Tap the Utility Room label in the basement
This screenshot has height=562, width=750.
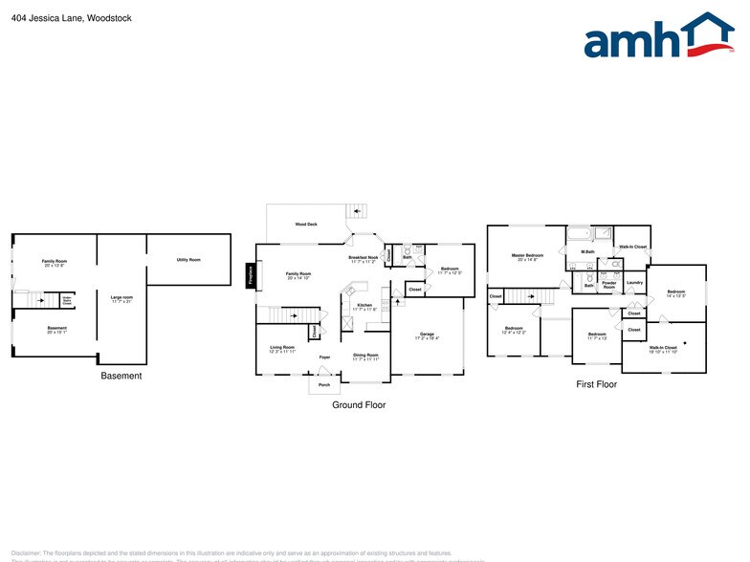[x=188, y=260]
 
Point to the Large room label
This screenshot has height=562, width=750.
[x=121, y=299]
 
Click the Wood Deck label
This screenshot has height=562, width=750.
[x=306, y=224]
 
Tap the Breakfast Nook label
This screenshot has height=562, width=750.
[x=363, y=258]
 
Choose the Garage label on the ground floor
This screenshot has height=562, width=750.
[x=427, y=335]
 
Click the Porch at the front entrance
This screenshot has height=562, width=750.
[x=324, y=385]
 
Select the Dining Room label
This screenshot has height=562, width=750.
[x=365, y=357]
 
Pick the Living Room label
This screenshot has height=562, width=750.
[x=282, y=349]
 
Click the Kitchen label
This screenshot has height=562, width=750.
[x=364, y=307]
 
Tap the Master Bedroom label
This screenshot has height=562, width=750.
[x=527, y=256]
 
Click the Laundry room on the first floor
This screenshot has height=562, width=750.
[x=632, y=283]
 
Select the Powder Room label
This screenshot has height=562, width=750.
[x=608, y=285]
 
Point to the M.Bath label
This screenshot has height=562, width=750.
[x=588, y=251]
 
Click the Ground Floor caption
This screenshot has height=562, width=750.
[x=360, y=404]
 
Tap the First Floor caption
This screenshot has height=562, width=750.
[x=595, y=384]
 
